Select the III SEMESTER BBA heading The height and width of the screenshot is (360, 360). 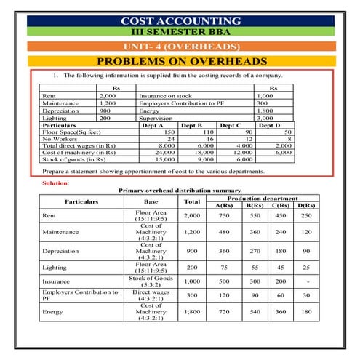(x=180, y=33)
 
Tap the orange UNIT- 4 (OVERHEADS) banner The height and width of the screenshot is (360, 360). (x=180, y=47)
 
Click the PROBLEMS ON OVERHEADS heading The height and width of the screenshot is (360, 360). (x=180, y=61)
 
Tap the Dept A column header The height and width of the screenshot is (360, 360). (x=152, y=125)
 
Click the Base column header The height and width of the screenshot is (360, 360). (x=151, y=201)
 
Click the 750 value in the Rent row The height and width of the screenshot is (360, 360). (x=224, y=215)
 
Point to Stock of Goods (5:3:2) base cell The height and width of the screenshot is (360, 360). (x=151, y=281)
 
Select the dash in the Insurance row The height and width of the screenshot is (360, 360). (x=306, y=281)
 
